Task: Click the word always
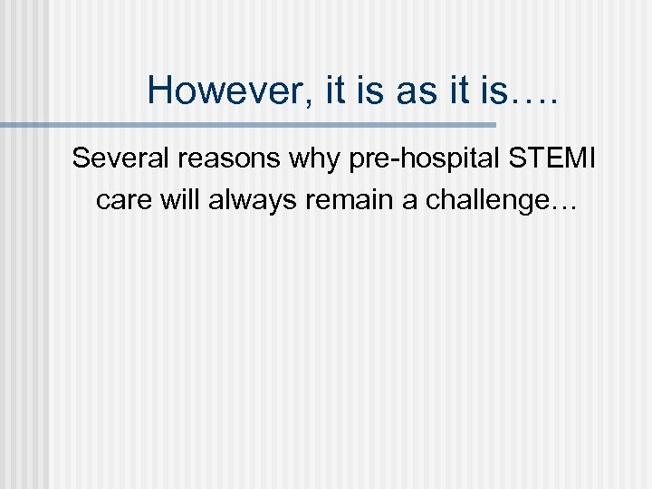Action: pyautogui.click(x=248, y=199)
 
